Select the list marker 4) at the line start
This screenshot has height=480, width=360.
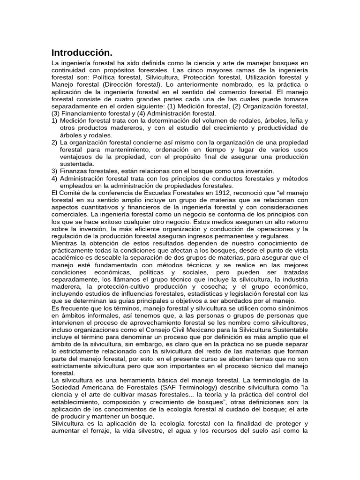pyautogui.click(x=54, y=179)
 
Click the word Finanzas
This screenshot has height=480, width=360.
pyautogui.click(x=74, y=171)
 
